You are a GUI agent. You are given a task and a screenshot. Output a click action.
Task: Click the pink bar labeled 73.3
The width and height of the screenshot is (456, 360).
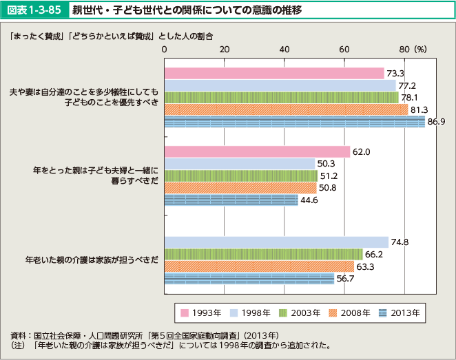[x=273, y=73]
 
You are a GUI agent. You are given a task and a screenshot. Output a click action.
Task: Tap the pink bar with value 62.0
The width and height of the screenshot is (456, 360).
[x=257, y=152]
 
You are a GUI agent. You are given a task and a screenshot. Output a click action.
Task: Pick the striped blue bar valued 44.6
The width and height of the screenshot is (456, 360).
[x=231, y=200]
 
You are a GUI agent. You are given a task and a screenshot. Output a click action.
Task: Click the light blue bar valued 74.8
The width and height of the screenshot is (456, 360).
[x=276, y=242]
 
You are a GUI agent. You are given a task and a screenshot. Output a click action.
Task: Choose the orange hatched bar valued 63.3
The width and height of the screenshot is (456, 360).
[x=259, y=266]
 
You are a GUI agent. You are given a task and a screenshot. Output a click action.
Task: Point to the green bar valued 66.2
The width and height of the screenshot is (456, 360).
[x=263, y=254]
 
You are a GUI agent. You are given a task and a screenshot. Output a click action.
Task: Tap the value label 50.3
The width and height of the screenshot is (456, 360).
[x=327, y=164]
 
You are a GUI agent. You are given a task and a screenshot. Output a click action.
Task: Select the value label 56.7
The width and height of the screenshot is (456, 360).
[x=345, y=278]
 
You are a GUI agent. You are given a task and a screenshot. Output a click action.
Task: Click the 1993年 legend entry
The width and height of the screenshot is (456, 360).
[x=200, y=313]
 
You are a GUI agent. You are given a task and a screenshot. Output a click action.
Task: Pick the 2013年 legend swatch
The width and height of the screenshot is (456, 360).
[x=384, y=313]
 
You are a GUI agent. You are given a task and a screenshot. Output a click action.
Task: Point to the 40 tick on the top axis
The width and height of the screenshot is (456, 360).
[x=284, y=50]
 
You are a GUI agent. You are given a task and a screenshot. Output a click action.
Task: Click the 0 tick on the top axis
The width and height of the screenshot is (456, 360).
[x=164, y=50]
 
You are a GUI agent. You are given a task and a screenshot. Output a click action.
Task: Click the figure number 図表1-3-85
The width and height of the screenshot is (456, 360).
[x=32, y=11]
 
